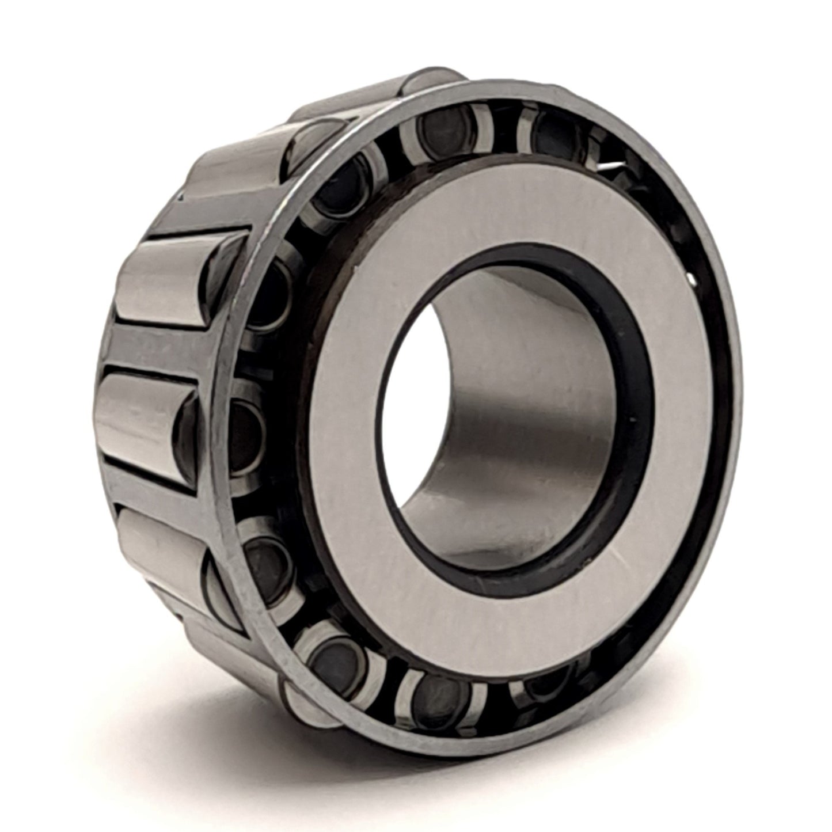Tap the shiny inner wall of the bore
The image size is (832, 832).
click(x=507, y=415)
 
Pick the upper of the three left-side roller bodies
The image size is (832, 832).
click(x=167, y=276)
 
